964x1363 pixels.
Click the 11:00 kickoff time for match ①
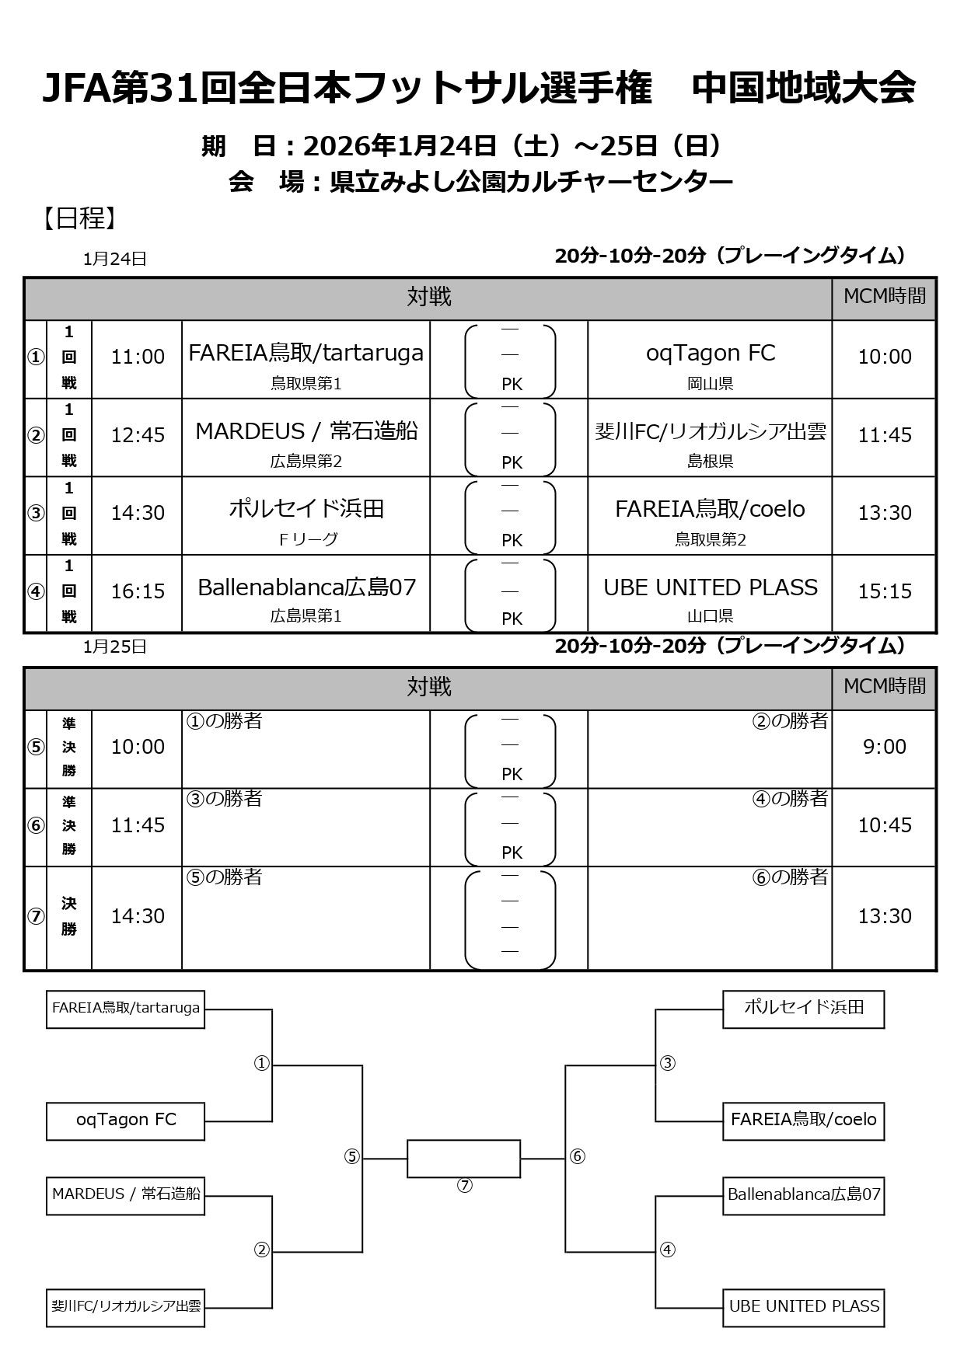click(138, 357)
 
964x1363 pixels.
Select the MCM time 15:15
click(885, 591)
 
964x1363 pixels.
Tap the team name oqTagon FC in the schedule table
click(710, 353)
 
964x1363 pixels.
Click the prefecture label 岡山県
click(710, 383)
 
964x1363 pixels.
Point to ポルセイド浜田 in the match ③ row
click(306, 508)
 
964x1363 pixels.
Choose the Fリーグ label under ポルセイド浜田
click(307, 539)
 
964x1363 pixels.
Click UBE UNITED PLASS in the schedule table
click(710, 587)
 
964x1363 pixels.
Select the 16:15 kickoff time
click(138, 591)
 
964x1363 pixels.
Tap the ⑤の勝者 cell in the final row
click(224, 877)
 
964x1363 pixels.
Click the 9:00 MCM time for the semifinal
click(885, 747)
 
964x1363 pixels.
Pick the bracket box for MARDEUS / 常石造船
click(126, 1194)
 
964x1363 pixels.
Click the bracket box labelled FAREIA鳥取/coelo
click(803, 1120)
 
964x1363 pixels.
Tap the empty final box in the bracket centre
click(463, 1158)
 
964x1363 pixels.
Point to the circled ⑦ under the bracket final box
click(464, 1185)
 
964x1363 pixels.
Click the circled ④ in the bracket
click(667, 1250)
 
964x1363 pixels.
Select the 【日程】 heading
click(79, 218)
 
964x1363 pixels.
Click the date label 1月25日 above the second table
click(115, 647)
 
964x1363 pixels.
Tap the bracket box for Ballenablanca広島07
click(803, 1194)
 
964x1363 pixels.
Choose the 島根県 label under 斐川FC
click(710, 461)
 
